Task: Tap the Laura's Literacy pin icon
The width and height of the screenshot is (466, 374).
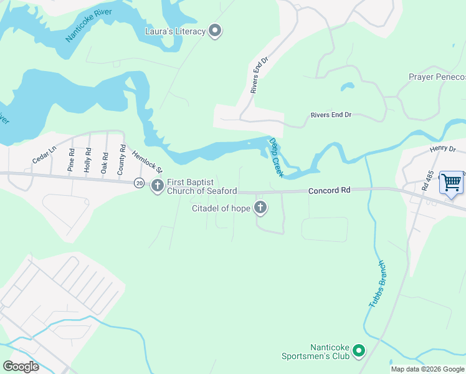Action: pos(215,31)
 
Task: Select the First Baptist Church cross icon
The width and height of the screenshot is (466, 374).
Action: pos(157,185)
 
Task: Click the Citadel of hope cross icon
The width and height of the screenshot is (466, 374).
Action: pos(260,208)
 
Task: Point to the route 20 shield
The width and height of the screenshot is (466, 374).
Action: pos(138,183)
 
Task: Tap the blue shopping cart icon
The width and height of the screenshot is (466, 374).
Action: pos(451,183)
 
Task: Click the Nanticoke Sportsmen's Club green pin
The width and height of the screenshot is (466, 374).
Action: pos(358,352)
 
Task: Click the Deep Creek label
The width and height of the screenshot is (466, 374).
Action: pos(276,157)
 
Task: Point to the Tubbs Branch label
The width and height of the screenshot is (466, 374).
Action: pos(378,284)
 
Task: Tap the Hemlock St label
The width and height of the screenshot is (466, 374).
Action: pos(146,161)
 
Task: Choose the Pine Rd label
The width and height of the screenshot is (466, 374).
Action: pos(71,160)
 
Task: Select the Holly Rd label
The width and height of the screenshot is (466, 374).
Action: pos(88,160)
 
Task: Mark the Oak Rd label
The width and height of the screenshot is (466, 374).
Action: pos(105,161)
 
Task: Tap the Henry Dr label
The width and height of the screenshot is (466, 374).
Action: pos(443,150)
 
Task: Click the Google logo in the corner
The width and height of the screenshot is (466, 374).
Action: pos(21,366)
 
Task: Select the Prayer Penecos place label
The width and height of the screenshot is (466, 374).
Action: pos(437,77)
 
